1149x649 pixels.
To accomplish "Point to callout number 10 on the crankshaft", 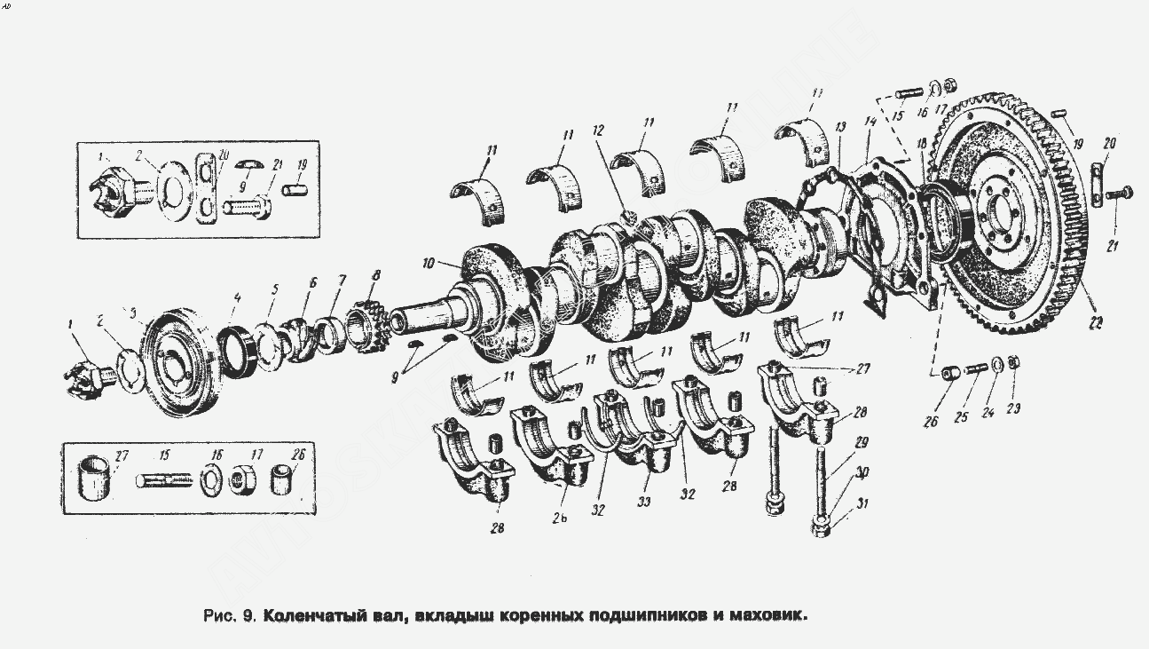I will pyautogui.click(x=429, y=264).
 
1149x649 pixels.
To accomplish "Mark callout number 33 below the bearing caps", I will pyautogui.click(x=643, y=501).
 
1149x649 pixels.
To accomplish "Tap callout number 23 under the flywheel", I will pyautogui.click(x=1015, y=409).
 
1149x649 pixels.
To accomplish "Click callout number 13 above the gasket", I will pyautogui.click(x=840, y=127).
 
